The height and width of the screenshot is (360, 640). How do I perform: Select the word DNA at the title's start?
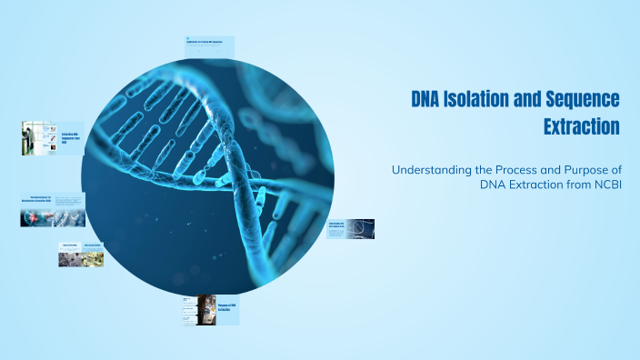click(428, 98)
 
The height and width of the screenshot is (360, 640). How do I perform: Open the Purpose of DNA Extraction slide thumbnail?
click(211, 310)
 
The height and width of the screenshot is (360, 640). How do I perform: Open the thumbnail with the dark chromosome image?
click(350, 228)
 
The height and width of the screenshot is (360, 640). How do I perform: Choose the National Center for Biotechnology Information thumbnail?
click(53, 210)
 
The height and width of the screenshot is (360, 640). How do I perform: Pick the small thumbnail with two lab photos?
click(81, 255)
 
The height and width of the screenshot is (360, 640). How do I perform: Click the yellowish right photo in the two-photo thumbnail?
click(93, 259)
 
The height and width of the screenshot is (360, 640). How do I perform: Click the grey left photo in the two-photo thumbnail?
click(69, 259)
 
